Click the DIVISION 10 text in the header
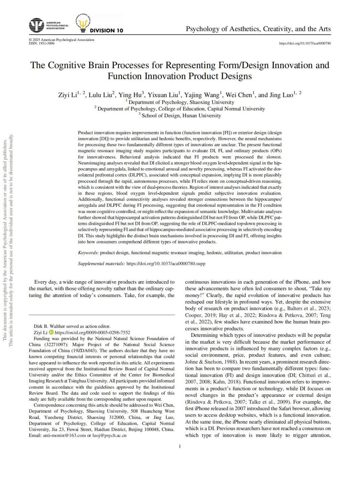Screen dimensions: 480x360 click(106, 30)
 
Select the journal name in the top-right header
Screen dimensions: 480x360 click(258, 29)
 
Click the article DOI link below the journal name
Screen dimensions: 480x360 click(305, 43)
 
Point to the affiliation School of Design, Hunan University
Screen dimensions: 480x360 click(181, 115)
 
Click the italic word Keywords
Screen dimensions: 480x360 click(88, 252)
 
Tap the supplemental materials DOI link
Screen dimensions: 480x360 click(165, 263)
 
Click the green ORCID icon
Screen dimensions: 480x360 click(51, 332)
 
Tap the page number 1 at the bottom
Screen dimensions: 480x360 click(180, 447)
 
